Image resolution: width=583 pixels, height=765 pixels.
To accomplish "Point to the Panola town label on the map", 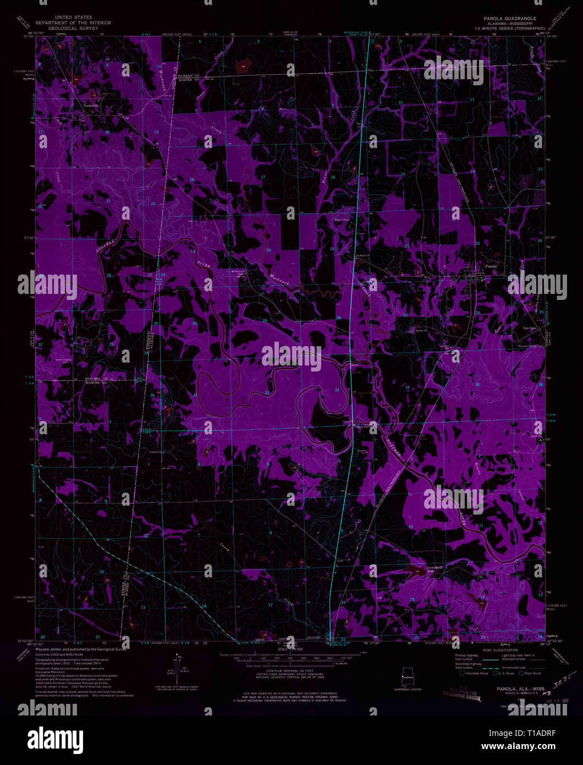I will point(490,266).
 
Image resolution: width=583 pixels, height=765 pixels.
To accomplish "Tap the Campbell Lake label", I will point(436,569).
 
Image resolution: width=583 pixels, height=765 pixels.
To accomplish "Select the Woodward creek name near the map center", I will point(279,279).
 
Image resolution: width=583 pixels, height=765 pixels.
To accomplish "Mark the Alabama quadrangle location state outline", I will point(408,675).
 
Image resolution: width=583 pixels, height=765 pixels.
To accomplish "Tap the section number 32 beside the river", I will point(267,392).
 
